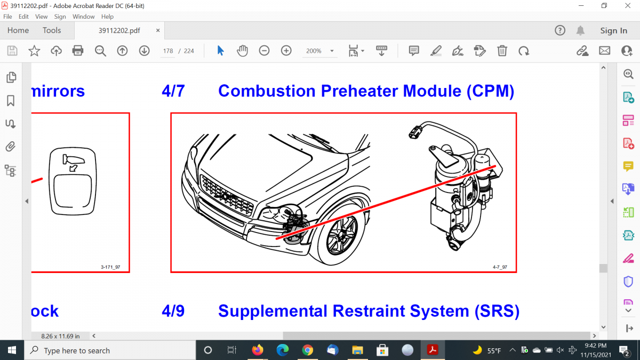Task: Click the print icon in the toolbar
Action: [x=78, y=51]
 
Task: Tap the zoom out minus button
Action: [x=264, y=51]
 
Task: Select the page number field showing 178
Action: [x=167, y=51]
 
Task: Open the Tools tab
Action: [x=52, y=30]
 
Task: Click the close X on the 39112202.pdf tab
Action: [x=158, y=30]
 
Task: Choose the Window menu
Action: [x=83, y=17]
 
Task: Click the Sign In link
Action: [x=613, y=30]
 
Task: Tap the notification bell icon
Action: [x=580, y=30]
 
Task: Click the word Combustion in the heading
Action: [x=267, y=91]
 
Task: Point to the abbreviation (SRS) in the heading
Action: [x=497, y=311]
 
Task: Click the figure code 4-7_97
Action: [x=500, y=267]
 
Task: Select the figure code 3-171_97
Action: [x=110, y=267]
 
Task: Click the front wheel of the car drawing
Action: [x=342, y=236]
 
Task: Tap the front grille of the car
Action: [x=227, y=196]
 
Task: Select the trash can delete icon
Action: [x=502, y=51]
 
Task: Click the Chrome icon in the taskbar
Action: [x=307, y=350]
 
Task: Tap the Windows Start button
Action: [x=12, y=350]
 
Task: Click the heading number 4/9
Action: [x=173, y=311]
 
